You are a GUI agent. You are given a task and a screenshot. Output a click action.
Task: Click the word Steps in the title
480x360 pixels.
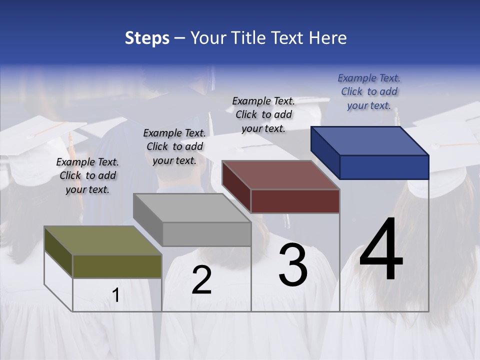tap(147, 38)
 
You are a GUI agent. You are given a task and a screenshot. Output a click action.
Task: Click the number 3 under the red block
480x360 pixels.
tap(293, 265)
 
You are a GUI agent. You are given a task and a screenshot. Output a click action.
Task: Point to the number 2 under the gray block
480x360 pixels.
tap(201, 280)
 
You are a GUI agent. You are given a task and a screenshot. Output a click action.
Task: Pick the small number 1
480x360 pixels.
tap(116, 295)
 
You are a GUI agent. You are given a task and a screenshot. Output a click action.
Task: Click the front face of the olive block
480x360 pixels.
tap(117, 266)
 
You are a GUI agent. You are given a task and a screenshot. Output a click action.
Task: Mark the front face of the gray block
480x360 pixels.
tap(206, 234)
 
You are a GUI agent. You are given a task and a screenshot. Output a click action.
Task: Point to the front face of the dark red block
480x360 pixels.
tap(295, 201)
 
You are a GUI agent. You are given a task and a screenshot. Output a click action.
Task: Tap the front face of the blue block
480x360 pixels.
tap(384, 167)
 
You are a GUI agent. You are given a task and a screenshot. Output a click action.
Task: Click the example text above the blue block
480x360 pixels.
tap(369, 91)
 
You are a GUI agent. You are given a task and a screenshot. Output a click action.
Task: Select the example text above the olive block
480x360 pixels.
tap(87, 175)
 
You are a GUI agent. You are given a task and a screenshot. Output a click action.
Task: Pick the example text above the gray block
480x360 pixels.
tap(174, 146)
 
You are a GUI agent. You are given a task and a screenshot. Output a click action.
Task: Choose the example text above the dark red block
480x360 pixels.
tap(263, 114)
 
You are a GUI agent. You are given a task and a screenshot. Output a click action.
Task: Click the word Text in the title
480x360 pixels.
tap(289, 38)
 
